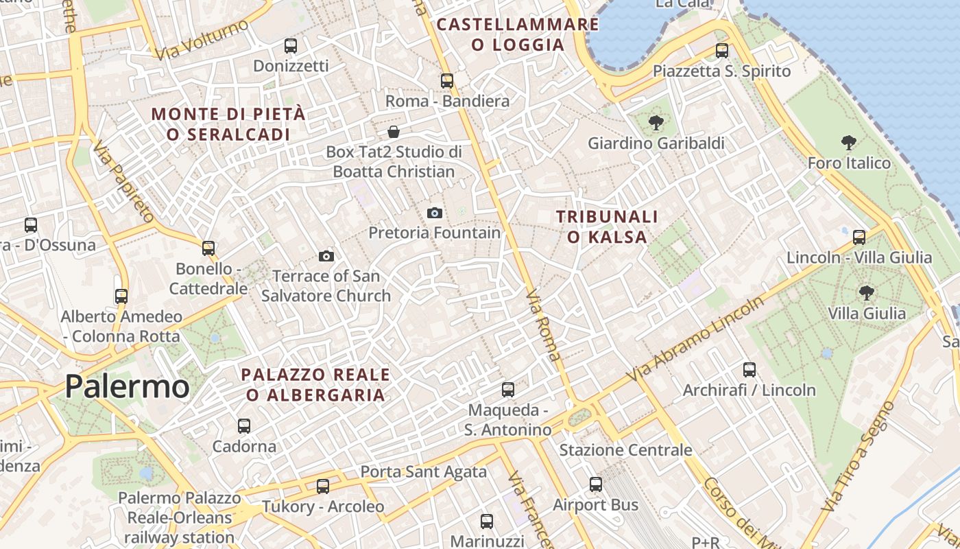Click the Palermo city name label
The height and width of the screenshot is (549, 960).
[x=127, y=387]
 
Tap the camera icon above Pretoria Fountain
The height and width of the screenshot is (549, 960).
[x=434, y=213]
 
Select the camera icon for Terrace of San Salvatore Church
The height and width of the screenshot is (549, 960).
[x=326, y=257]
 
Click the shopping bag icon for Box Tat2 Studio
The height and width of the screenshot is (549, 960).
[x=394, y=132]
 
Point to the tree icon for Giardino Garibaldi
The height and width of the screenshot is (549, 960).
[x=656, y=124]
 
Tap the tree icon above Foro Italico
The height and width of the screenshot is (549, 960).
[x=849, y=143]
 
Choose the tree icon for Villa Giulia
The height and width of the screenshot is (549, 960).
[x=867, y=293]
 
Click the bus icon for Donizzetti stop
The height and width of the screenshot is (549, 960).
[x=291, y=46]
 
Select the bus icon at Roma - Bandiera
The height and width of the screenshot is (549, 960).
[x=447, y=81]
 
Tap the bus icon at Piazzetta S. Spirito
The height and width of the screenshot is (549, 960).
[x=722, y=50]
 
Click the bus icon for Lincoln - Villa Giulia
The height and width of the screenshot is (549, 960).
[x=859, y=237]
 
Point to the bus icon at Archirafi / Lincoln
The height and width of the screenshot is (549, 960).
[x=749, y=370]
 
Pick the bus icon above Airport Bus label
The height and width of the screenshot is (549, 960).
[x=596, y=484]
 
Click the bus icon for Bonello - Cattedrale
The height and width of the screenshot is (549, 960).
[x=208, y=248]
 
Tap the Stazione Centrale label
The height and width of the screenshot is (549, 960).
[x=625, y=450]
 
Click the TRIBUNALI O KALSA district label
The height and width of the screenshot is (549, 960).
[x=607, y=227]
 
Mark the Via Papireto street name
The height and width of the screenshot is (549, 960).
[x=123, y=182]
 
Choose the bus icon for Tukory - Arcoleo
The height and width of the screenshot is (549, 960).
[x=323, y=487]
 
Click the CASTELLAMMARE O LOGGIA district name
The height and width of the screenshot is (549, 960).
[x=518, y=35]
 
